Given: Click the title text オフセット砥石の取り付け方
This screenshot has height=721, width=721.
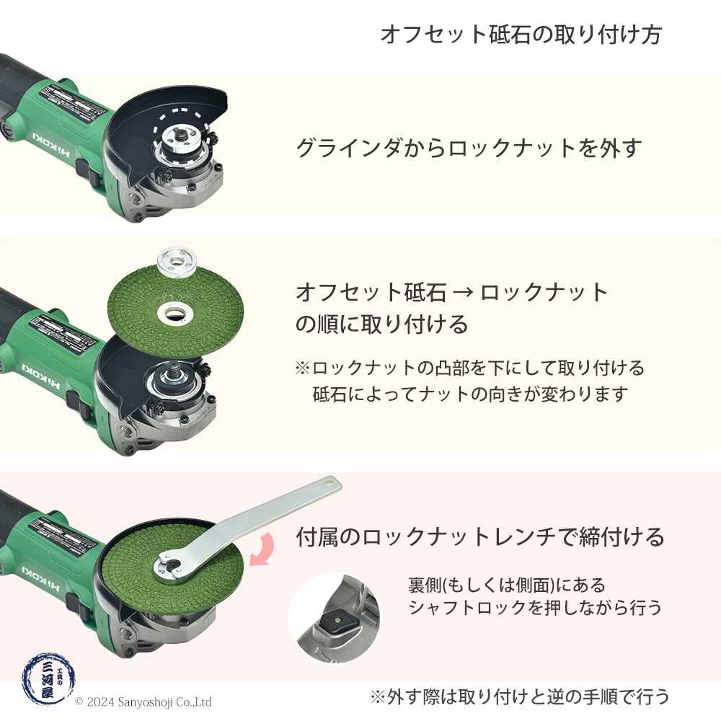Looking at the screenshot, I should [x=520, y=35].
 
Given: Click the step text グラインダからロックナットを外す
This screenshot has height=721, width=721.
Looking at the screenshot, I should [x=469, y=148].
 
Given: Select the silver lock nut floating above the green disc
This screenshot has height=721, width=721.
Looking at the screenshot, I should [x=172, y=258].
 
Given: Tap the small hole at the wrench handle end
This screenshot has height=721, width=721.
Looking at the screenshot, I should [x=329, y=481].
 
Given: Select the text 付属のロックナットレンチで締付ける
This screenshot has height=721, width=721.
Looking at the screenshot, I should [x=479, y=537].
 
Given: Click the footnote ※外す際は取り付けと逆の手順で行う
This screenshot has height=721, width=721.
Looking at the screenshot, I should [x=520, y=696].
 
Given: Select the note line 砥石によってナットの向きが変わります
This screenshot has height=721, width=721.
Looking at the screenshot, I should [x=470, y=394].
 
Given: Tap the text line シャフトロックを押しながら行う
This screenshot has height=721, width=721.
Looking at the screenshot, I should [x=534, y=608].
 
